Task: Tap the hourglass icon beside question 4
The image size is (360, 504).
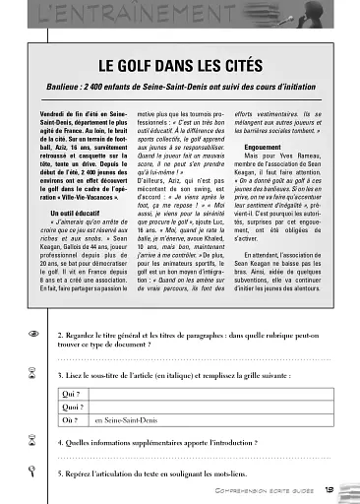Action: point(34,443)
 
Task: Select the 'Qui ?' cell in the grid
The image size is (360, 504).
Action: point(70,393)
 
